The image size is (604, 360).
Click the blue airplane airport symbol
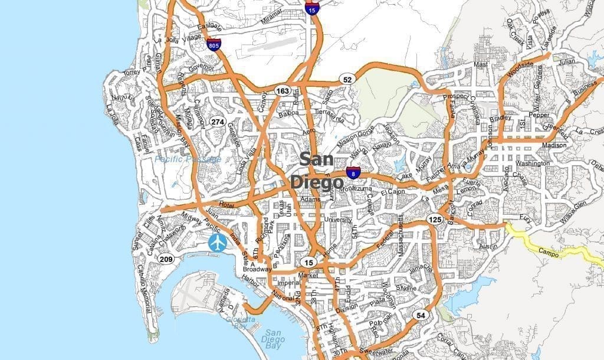(218, 242)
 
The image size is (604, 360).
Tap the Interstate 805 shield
(214, 44)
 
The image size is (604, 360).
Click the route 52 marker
(347, 79)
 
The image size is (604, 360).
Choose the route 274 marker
(217, 122)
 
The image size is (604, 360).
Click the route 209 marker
(166, 258)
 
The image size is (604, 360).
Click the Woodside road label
(520, 68)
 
